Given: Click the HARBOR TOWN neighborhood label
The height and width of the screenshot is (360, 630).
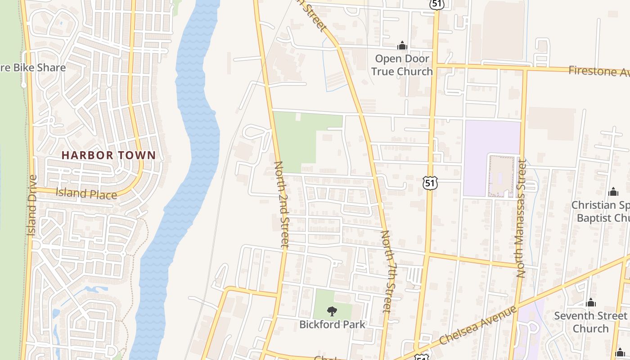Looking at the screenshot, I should point(108,155).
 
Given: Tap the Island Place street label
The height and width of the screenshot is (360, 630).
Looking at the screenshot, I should point(86,193).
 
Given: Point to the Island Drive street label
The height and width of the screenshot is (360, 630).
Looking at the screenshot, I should point(31,205).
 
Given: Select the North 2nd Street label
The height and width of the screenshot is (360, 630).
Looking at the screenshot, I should point(281,205).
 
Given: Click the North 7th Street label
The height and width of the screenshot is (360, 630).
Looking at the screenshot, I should point(388,271).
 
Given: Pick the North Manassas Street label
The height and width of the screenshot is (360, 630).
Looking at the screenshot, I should point(521,218).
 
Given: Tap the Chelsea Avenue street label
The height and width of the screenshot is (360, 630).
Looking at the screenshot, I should point(478,325).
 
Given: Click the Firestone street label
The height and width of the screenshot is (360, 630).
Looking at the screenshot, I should point(598,71).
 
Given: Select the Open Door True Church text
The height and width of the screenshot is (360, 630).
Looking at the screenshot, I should point(402,65).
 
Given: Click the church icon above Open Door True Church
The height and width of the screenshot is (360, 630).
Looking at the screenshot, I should point(402,45).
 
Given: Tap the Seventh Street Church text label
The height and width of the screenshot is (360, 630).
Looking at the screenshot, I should point(590,322).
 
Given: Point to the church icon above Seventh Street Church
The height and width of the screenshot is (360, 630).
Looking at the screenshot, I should point(590,302).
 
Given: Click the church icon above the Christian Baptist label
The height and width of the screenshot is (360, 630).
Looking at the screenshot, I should point(613,192).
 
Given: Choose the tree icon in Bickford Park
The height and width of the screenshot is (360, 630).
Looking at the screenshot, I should point(332,311).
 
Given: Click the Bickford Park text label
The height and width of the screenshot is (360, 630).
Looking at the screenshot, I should point(332,324).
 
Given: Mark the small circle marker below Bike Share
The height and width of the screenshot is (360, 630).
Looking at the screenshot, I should point(23,85).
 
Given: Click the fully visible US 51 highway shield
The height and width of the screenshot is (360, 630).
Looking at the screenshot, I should point(430,183).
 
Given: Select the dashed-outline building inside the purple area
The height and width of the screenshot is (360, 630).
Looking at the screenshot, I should point(501,176).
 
